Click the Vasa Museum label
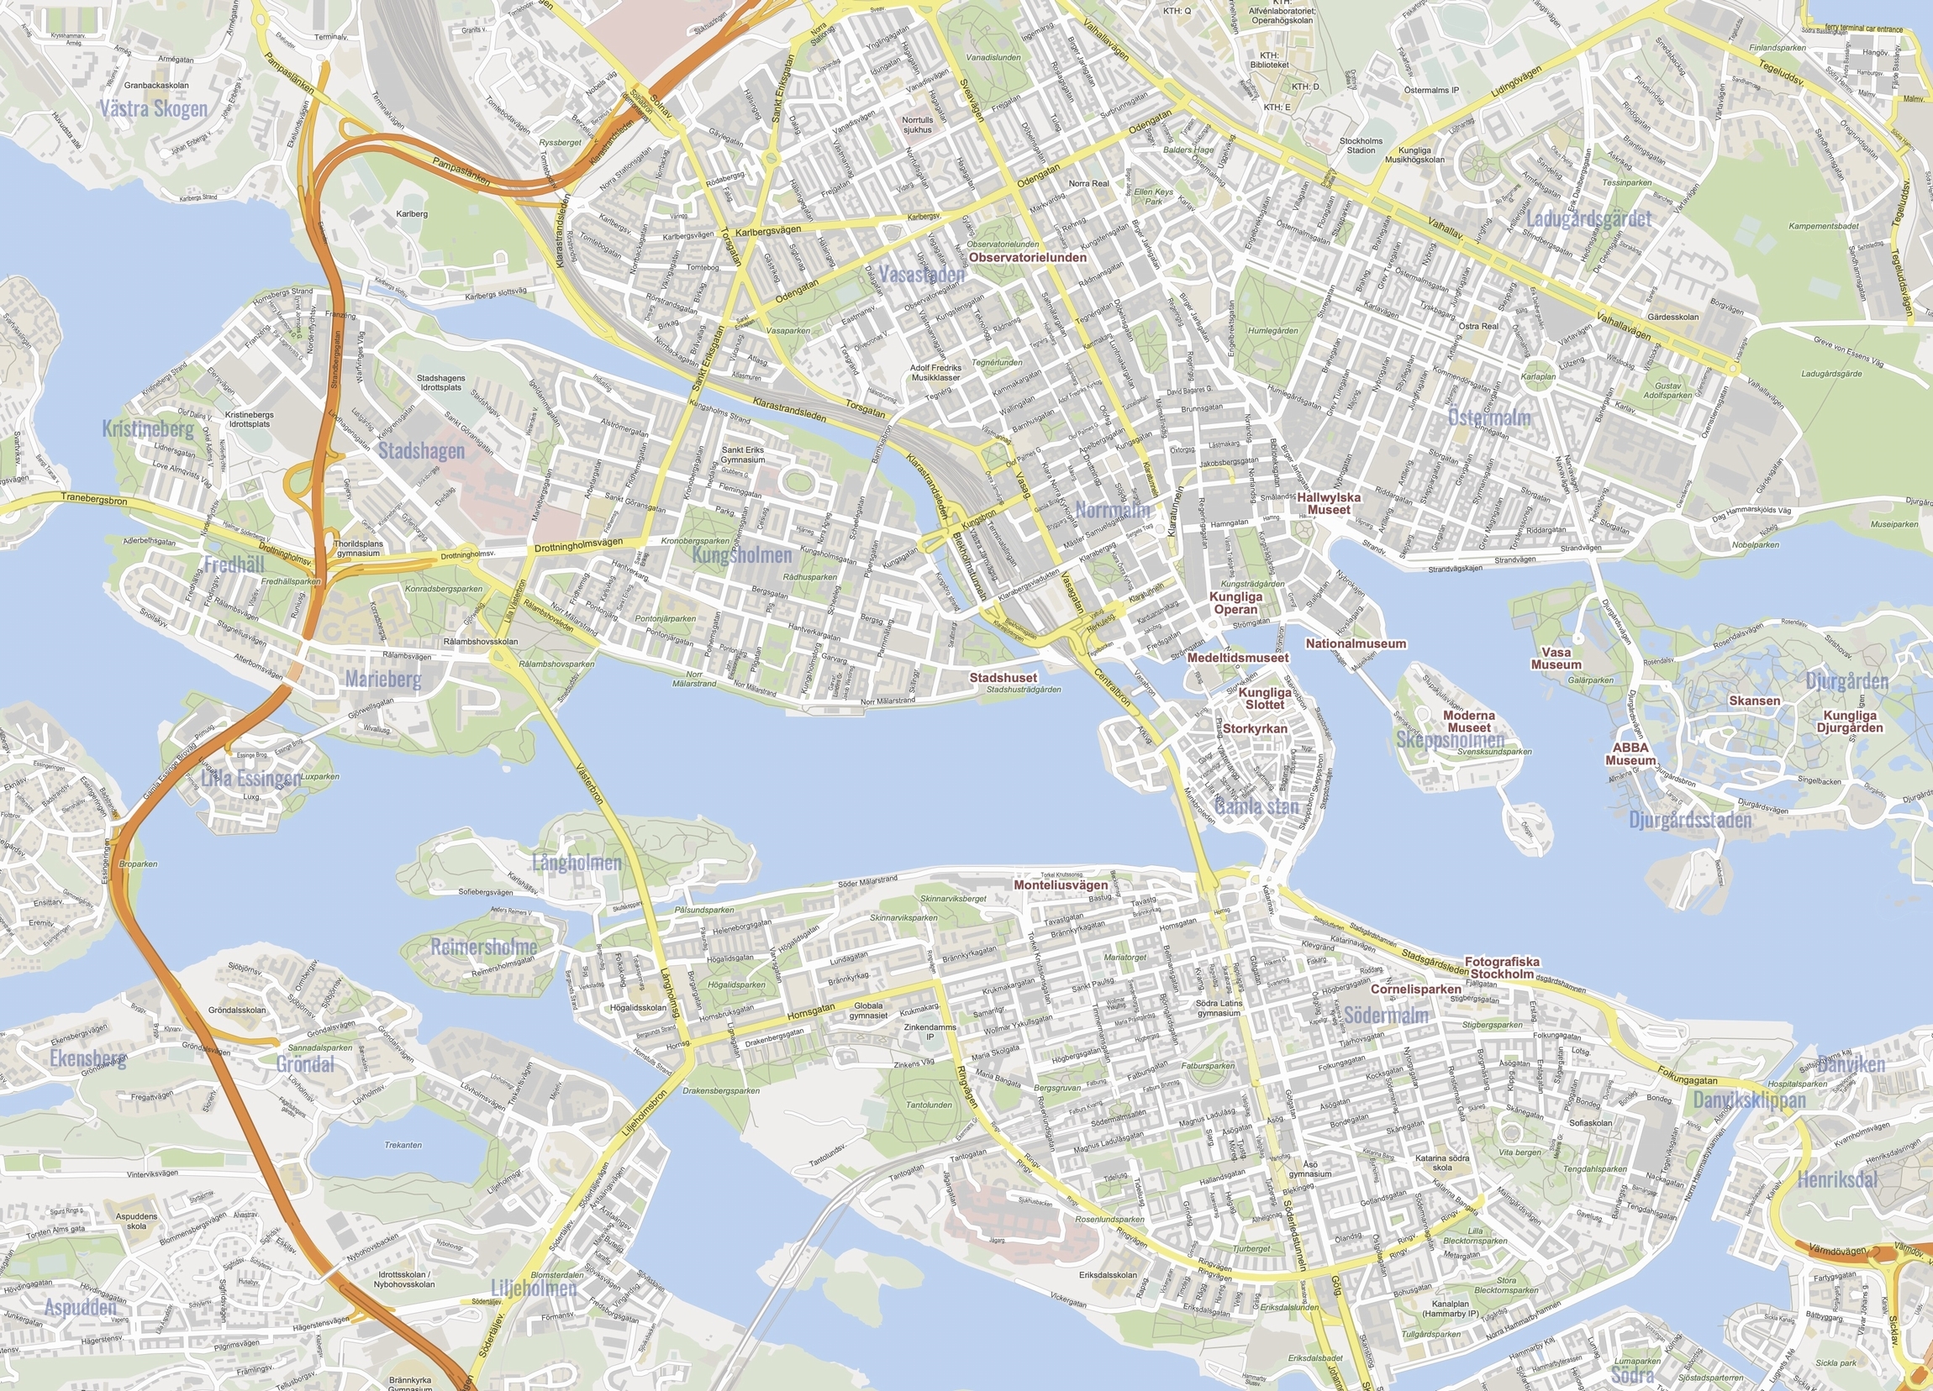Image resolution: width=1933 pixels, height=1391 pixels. [1556, 659]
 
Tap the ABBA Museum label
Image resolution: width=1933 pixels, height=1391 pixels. [1630, 753]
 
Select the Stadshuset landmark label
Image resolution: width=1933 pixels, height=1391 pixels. [1003, 678]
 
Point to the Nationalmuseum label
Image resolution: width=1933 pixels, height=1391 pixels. [1355, 644]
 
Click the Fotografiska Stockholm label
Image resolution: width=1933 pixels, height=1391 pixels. [1502, 968]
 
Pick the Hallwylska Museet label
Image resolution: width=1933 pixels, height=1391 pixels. [1329, 503]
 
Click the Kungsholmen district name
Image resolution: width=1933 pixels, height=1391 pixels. [741, 555]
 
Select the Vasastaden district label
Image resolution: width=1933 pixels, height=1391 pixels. [921, 275]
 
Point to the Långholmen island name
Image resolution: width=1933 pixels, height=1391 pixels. [577, 863]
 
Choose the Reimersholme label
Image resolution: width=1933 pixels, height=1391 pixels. [483, 947]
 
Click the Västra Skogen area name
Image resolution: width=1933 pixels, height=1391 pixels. [154, 109]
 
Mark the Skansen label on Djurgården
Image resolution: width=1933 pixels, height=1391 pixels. [1754, 701]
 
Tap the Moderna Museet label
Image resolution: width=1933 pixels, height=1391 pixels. [1468, 722]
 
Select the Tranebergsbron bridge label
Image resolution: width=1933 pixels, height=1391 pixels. [94, 500]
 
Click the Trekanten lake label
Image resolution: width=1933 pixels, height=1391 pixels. [403, 1145]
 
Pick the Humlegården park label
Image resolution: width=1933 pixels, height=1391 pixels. [1272, 330]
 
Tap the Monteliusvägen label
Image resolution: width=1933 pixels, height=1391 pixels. [1061, 885]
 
